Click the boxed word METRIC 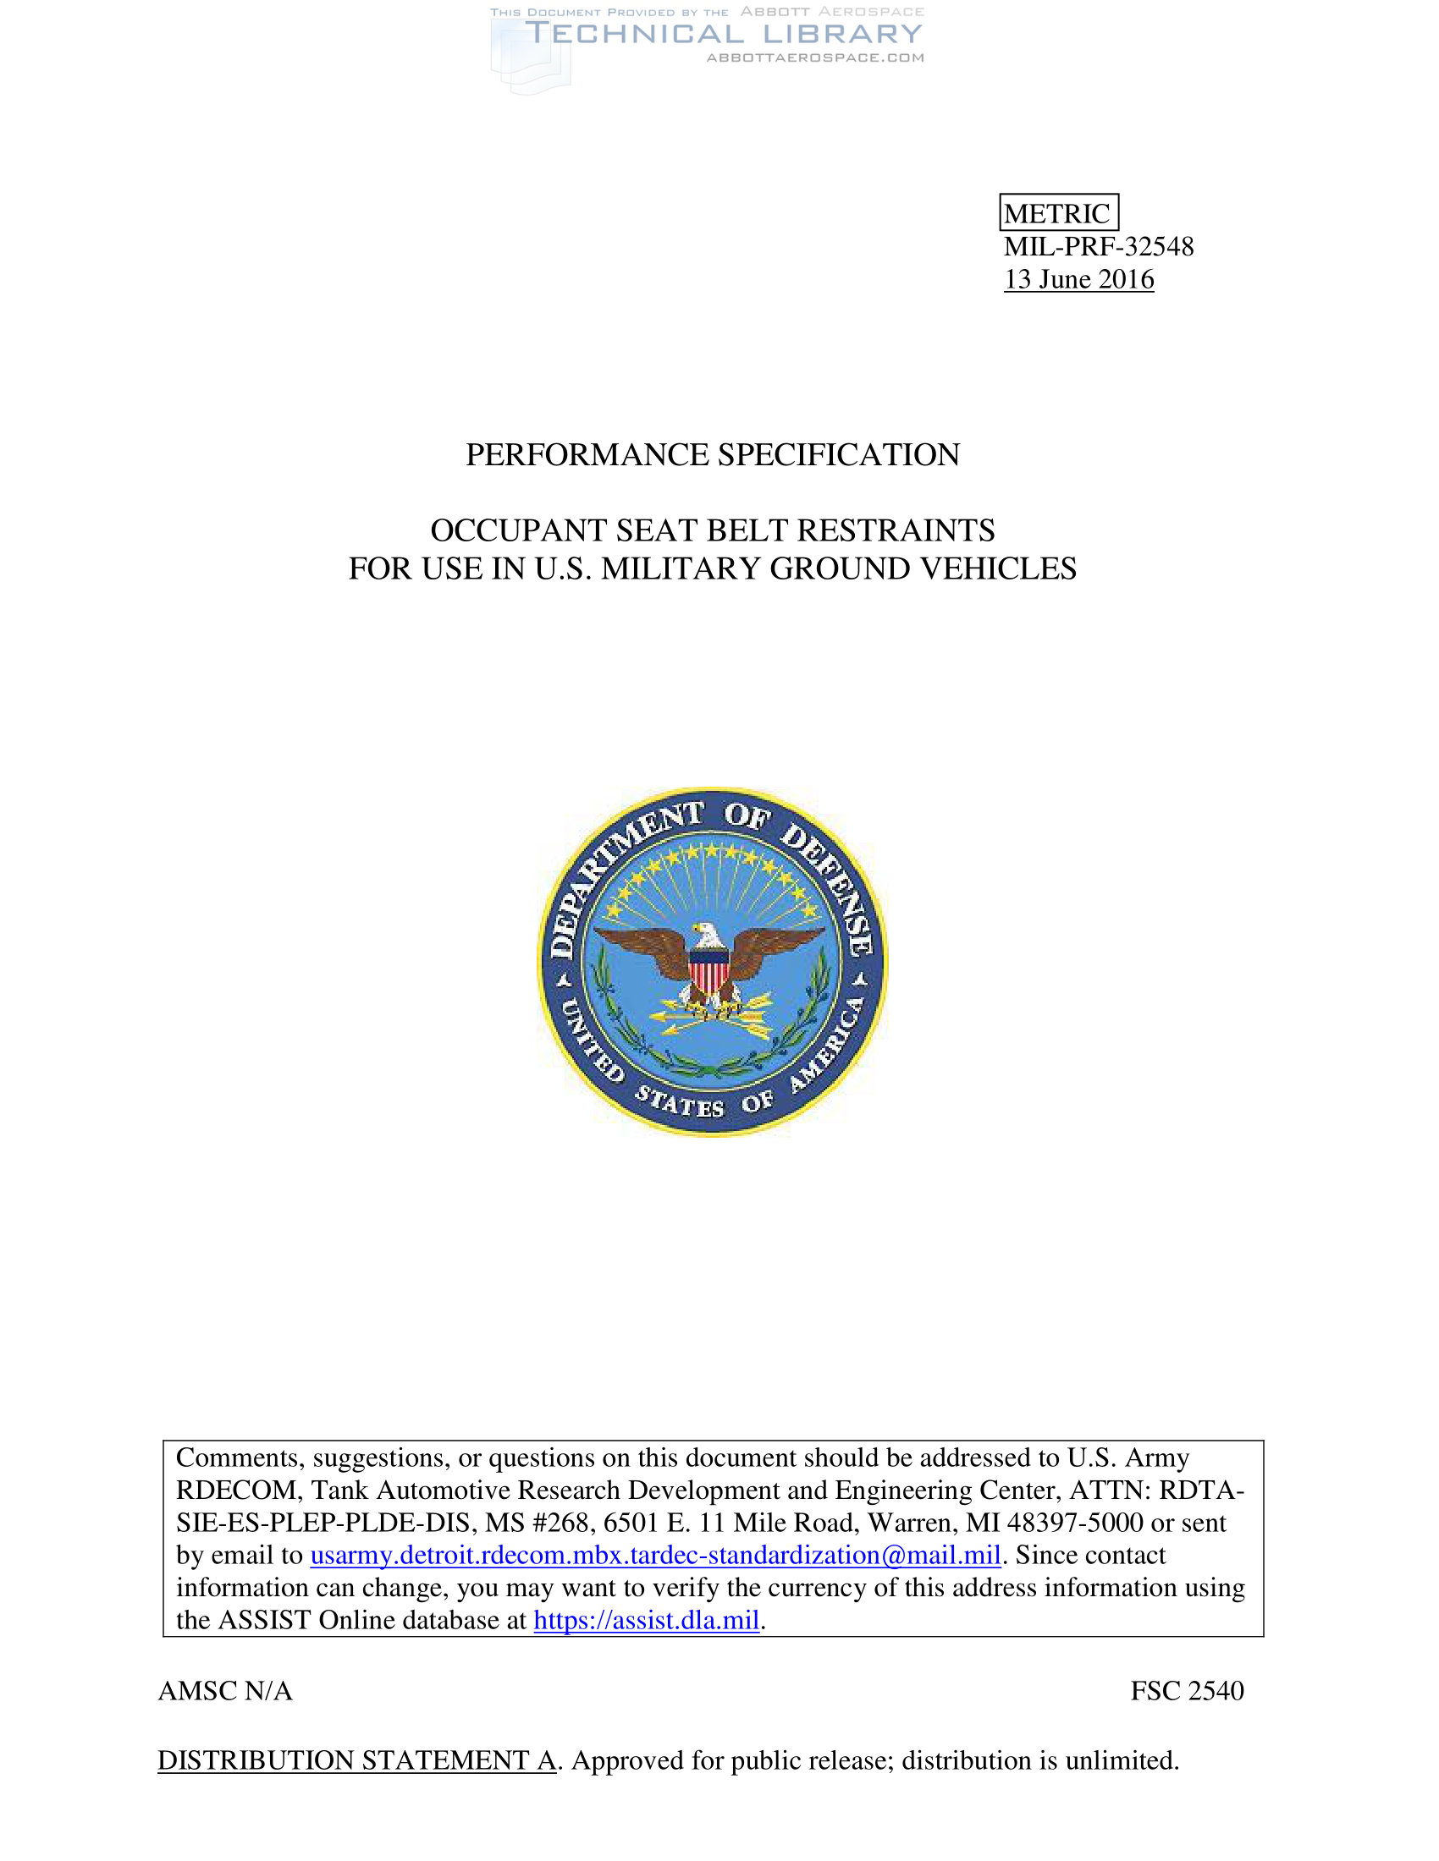click(1058, 213)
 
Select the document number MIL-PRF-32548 click(1098, 246)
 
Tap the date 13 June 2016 click(1078, 279)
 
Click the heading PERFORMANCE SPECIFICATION click(712, 454)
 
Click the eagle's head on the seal click(707, 935)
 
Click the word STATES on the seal click(680, 1102)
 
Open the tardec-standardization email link click(654, 1555)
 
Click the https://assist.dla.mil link click(645, 1620)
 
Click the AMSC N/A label click(225, 1691)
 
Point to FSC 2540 click(1187, 1691)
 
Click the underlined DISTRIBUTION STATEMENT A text click(356, 1760)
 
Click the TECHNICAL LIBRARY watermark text click(723, 34)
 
